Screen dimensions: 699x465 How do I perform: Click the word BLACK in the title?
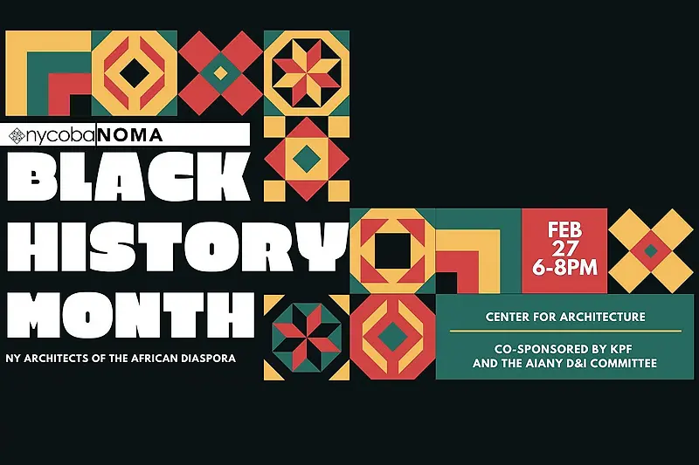click(x=128, y=176)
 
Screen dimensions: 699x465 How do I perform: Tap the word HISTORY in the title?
click(x=177, y=247)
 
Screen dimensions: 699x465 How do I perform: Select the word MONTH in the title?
click(x=130, y=315)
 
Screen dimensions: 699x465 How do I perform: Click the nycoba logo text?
click(x=60, y=135)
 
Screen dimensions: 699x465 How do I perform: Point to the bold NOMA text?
click(x=129, y=135)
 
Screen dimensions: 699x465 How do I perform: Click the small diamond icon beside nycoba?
click(x=17, y=136)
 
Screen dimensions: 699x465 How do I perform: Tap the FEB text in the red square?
click(x=564, y=230)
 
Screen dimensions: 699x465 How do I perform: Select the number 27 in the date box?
click(x=564, y=249)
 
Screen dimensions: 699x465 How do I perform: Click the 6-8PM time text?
click(x=564, y=268)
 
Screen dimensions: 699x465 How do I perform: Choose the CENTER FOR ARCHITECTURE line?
click(x=565, y=317)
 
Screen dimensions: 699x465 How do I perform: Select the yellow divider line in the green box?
click(x=565, y=331)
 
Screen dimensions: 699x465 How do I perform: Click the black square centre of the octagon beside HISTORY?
click(x=392, y=251)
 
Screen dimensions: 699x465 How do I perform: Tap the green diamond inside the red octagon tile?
click(x=391, y=336)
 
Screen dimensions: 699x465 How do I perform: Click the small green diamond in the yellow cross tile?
click(x=651, y=251)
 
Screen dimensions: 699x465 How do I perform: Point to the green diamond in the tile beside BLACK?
click(x=307, y=158)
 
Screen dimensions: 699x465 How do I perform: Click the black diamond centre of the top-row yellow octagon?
click(x=135, y=73)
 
